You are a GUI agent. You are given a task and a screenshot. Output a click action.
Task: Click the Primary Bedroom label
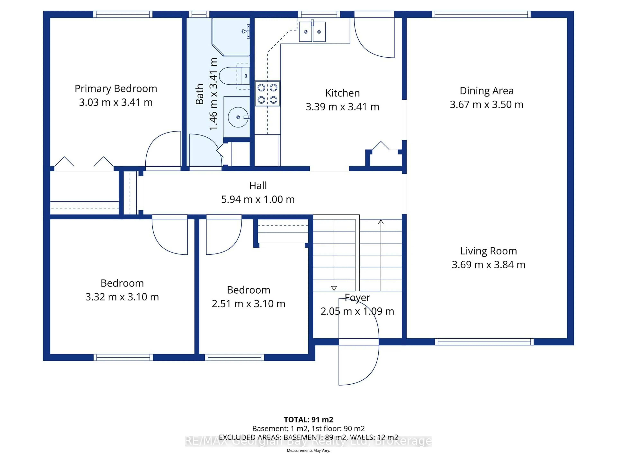point(116,89)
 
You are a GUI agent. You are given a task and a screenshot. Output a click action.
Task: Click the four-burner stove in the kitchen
point(267,94)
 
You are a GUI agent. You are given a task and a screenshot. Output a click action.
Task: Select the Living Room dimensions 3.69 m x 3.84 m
point(488,265)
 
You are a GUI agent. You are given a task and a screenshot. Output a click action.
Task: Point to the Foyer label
point(357,298)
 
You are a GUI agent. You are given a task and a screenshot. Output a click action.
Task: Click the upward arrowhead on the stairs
point(381,222)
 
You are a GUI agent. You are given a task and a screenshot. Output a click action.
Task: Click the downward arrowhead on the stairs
point(334,288)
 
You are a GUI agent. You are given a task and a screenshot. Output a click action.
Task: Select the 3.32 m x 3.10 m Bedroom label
point(122,283)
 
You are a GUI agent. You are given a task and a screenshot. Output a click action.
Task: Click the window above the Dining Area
point(481,14)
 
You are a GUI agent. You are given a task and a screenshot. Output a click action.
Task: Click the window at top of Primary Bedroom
point(123,14)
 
